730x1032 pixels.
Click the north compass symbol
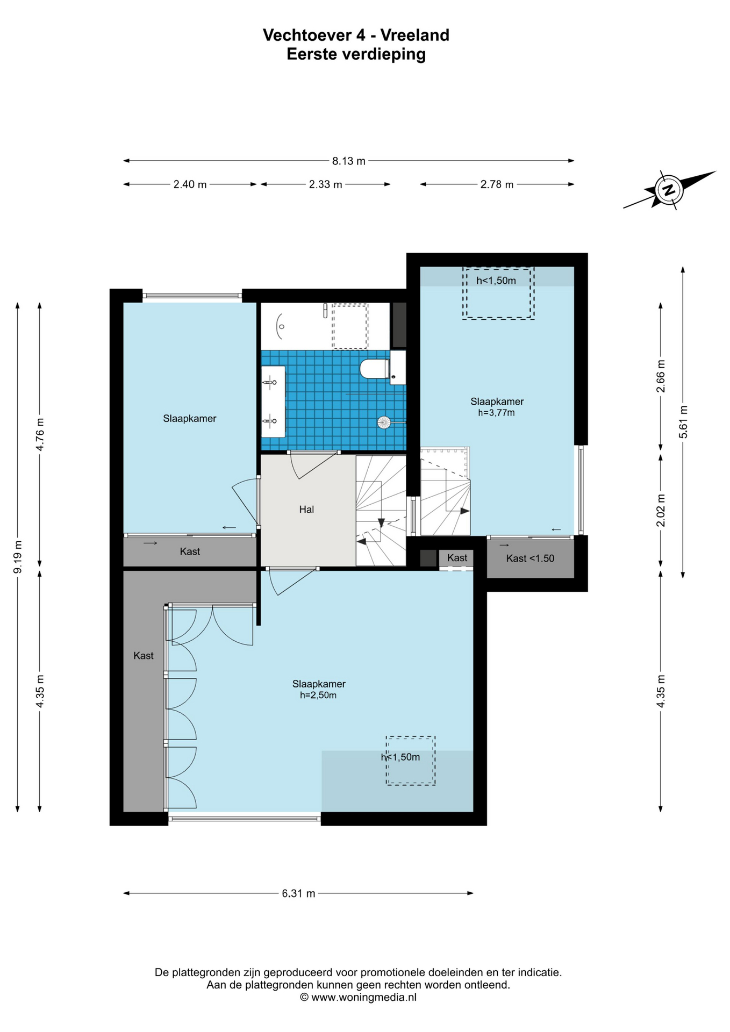coord(669,189)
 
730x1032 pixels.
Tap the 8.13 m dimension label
coord(348,161)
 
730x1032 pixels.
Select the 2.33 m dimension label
coord(325,184)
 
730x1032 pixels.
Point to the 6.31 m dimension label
coord(298,893)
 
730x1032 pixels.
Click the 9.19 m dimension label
coord(18,556)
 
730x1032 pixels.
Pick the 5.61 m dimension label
coord(683,421)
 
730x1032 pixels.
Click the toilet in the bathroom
coord(375,369)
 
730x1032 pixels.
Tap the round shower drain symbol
coord(384,422)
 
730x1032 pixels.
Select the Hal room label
coord(306,509)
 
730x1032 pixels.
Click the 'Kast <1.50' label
coord(530,558)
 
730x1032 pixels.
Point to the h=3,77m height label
coord(497,413)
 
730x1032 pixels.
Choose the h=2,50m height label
coord(318,695)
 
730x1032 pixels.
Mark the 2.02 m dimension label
coord(661,510)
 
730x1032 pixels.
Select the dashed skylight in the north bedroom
coord(498,293)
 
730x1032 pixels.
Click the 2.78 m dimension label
coord(497,184)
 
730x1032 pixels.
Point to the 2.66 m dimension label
coord(661,376)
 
